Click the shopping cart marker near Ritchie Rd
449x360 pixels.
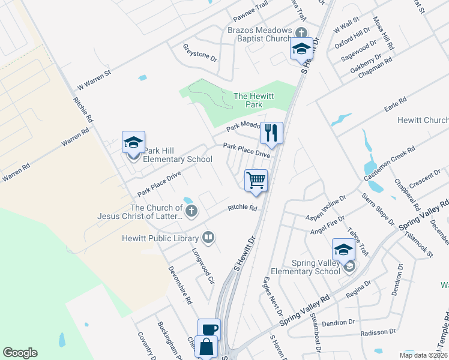256,180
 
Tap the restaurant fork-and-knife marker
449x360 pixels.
271,133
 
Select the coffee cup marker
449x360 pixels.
209,329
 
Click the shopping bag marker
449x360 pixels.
206,347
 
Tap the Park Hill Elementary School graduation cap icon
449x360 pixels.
133,142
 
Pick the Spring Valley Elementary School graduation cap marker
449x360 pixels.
344,250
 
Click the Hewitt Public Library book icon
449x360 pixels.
208,238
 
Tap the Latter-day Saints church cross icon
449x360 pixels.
191,211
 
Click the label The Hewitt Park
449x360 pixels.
248,100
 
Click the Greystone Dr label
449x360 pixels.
199,55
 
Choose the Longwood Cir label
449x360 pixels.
203,267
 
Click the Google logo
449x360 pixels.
20,353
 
